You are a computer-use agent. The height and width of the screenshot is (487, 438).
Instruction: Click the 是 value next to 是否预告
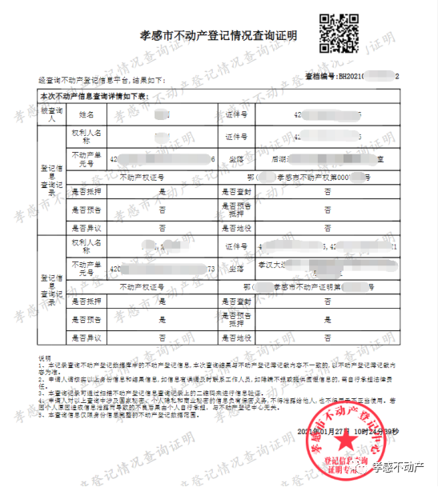[163, 319]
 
